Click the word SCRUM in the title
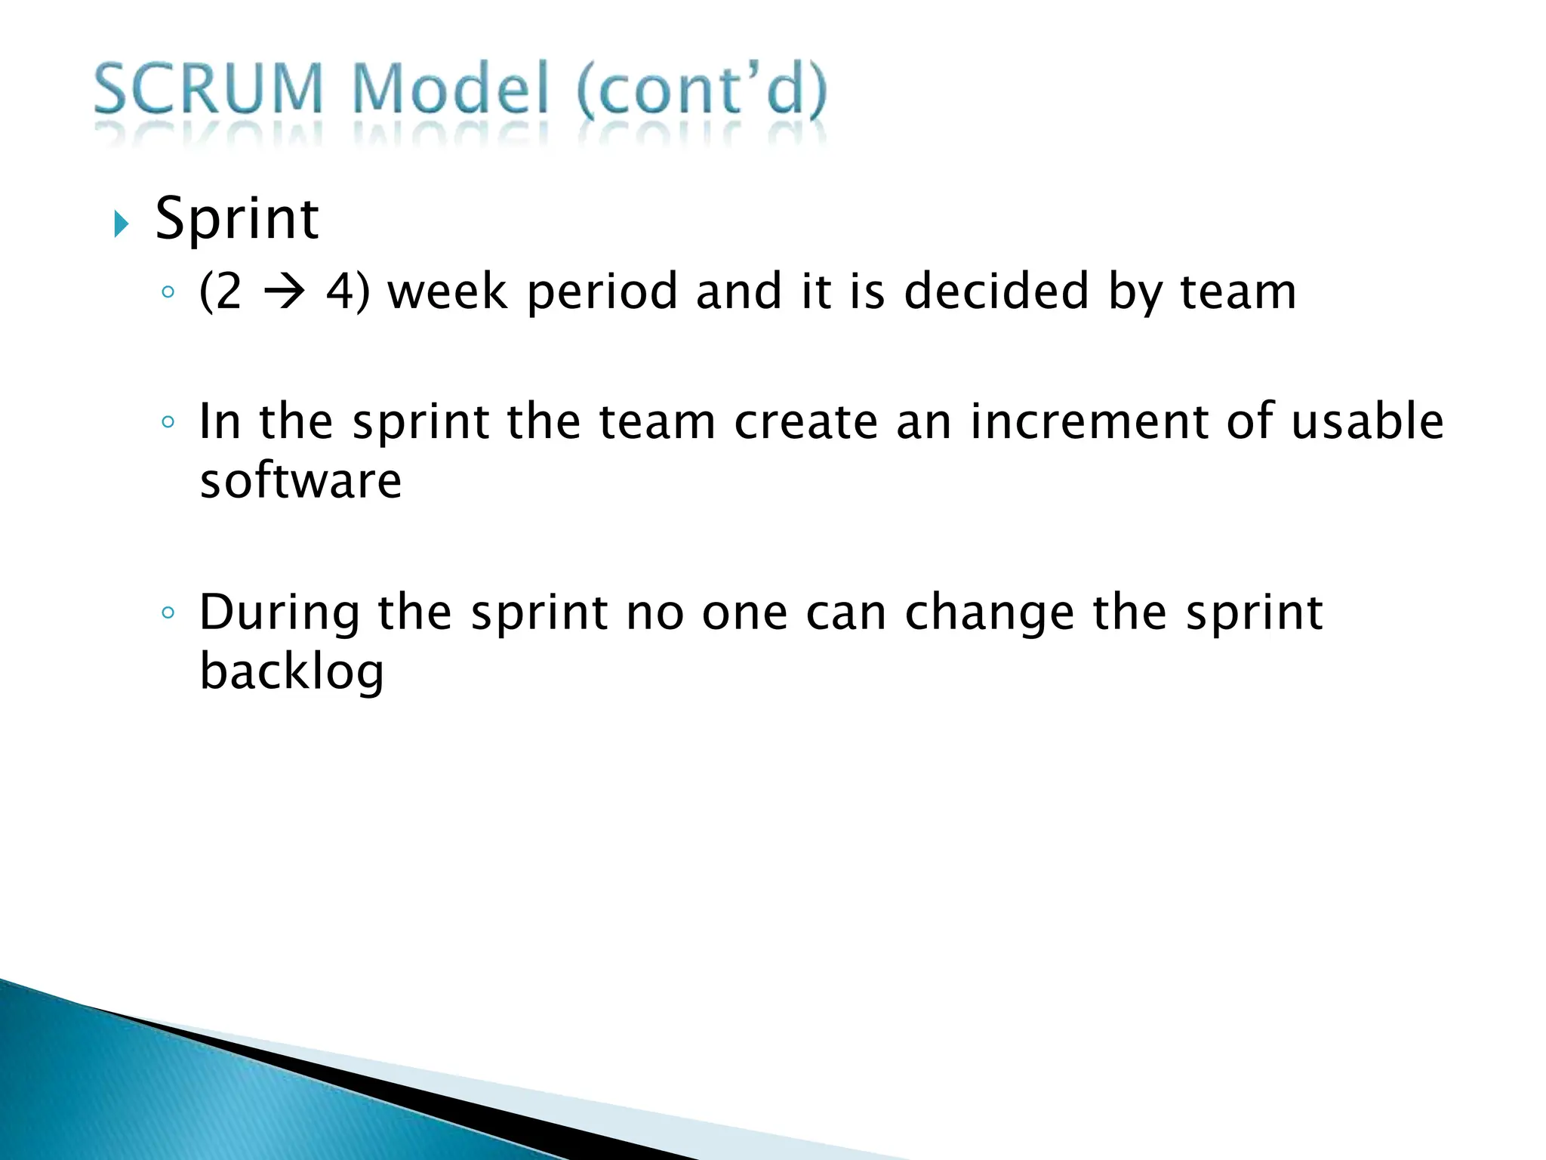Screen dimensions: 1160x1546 [208, 91]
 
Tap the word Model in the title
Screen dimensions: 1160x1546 [450, 91]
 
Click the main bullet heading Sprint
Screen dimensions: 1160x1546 [237, 219]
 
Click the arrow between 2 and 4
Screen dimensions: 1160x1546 [284, 292]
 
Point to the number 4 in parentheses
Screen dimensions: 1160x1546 [339, 292]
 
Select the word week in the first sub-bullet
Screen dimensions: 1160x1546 [447, 292]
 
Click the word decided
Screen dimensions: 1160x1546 [996, 292]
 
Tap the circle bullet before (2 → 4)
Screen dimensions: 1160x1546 [168, 292]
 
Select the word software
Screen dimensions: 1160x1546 [300, 481]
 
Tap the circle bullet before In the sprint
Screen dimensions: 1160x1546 [168, 422]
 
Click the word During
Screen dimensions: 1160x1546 [279, 613]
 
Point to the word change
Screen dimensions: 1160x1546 [989, 613]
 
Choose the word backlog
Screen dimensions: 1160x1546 [291, 672]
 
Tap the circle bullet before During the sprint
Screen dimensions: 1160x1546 [168, 612]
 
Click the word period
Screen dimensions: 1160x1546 [602, 293]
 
